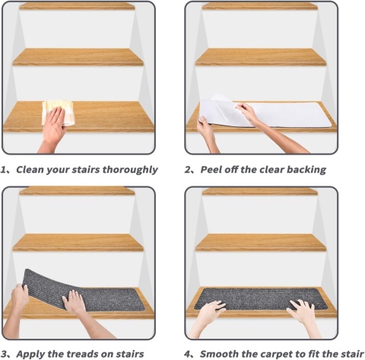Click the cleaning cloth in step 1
point(59,113)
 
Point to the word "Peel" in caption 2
point(210,170)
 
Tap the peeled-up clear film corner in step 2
point(221,101)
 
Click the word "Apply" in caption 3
point(30,354)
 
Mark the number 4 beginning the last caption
point(187,354)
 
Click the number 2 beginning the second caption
point(187,170)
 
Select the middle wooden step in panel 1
point(78,57)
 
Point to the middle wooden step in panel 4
point(261,242)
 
